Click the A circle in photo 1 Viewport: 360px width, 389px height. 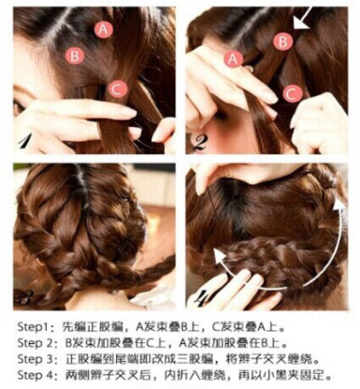[x=103, y=29]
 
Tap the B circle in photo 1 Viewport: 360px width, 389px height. [x=75, y=56]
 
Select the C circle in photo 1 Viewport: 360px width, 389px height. [x=118, y=89]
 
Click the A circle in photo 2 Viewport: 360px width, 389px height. [x=233, y=59]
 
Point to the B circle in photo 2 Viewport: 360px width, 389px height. [x=283, y=41]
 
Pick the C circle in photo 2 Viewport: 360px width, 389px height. [x=292, y=94]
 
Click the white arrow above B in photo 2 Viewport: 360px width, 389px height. [x=302, y=18]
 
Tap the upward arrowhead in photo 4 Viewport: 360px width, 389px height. [x=339, y=207]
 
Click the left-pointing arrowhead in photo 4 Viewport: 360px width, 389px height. [x=220, y=258]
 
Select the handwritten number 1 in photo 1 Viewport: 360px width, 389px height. [x=26, y=140]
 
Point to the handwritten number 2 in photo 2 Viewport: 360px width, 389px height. [x=199, y=143]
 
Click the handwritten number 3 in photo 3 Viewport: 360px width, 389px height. [x=24, y=296]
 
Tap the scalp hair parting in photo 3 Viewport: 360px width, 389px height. [x=85, y=192]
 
